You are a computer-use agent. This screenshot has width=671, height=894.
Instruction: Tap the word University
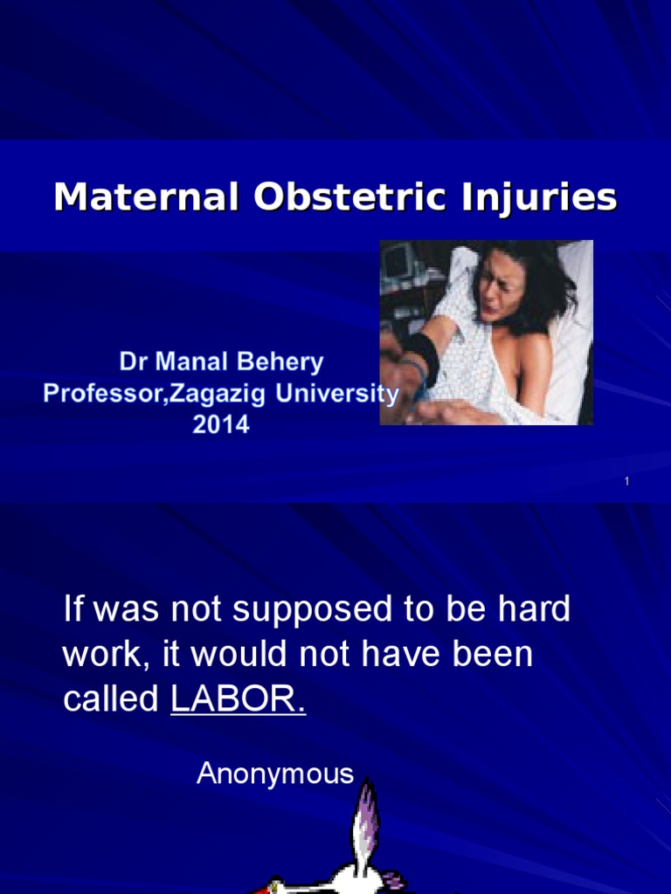[338, 394]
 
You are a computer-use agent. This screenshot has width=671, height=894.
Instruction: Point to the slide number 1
[627, 482]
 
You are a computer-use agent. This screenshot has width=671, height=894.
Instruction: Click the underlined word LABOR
[238, 699]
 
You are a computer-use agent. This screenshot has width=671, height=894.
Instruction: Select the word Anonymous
[275, 774]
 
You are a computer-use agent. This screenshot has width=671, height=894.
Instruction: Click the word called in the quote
[112, 699]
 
